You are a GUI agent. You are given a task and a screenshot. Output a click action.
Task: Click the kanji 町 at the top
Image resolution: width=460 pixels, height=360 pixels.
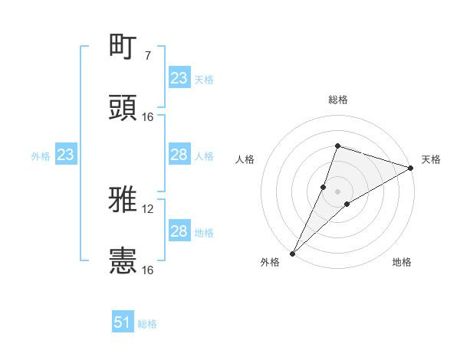coord(123,47)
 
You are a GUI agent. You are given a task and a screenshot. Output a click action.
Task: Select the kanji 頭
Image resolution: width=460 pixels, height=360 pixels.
coord(123,107)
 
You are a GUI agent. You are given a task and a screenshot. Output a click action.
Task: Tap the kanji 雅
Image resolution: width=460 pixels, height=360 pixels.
coord(123,199)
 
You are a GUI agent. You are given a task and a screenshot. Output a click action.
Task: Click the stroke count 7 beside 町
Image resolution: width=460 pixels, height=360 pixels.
coord(148,56)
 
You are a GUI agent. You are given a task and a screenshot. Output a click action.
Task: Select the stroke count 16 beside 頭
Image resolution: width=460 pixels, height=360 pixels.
coord(148,116)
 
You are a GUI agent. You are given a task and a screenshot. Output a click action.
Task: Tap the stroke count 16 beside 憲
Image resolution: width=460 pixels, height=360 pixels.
coord(148,270)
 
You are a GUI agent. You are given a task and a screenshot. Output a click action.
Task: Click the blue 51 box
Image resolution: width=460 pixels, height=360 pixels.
coord(123,322)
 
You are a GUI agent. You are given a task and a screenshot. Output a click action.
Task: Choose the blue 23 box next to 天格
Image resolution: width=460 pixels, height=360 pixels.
coord(179,78)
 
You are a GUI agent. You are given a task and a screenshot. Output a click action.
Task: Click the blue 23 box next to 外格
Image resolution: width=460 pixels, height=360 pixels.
coord(65,155)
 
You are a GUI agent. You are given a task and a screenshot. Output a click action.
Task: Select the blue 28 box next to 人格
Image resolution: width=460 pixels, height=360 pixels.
coord(179,155)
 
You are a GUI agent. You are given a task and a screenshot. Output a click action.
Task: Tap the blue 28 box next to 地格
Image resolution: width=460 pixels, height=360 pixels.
coord(179,232)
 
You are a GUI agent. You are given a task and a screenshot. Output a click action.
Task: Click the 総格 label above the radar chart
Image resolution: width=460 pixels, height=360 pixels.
coord(338,100)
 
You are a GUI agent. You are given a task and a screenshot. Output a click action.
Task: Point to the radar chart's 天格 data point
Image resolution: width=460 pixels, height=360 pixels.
coord(412,169)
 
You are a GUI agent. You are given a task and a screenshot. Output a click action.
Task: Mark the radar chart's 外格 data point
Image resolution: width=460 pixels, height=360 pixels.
coord(293,253)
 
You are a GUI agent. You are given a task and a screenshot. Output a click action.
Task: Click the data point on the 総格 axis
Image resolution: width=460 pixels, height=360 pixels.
coord(337,146)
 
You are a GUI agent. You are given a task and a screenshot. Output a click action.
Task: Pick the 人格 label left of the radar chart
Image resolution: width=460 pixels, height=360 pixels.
coord(245,159)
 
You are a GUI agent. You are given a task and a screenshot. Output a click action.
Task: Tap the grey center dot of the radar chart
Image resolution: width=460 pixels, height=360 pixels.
coord(338,191)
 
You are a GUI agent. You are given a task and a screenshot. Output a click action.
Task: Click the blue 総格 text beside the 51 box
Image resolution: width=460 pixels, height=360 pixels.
coord(147,324)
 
